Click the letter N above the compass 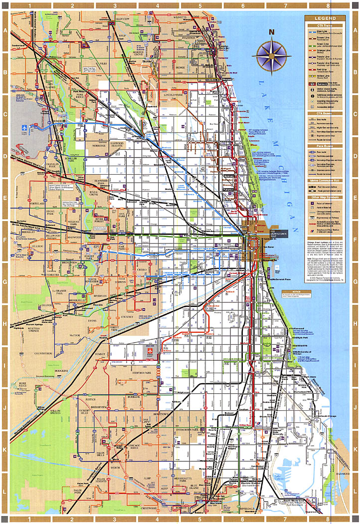pyautogui.click(x=271, y=33)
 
